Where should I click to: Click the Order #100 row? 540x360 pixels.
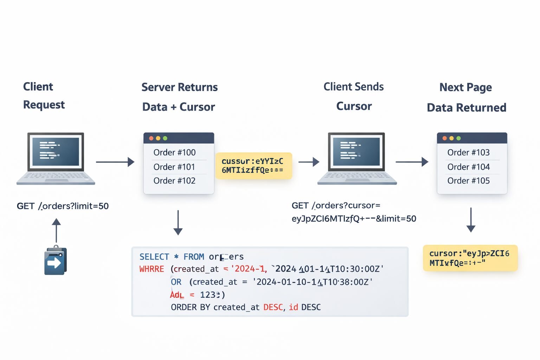click(175, 153)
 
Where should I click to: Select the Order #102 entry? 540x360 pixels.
click(174, 181)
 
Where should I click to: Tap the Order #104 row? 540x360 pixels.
click(468, 167)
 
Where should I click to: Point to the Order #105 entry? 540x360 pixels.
click(468, 181)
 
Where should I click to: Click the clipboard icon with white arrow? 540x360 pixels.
click(55, 261)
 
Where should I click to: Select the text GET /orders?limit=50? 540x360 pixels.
click(63, 206)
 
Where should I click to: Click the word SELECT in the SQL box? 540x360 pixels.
click(154, 257)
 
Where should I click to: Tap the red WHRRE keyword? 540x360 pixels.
click(152, 269)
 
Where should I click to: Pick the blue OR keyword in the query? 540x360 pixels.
click(176, 282)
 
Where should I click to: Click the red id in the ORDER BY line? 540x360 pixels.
click(293, 307)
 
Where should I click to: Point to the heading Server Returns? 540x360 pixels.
click(179, 87)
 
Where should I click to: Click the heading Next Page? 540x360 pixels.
click(465, 87)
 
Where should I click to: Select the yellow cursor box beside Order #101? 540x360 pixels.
click(253, 166)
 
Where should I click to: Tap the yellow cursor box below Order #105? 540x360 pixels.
click(470, 258)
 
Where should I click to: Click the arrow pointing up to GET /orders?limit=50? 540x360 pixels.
click(56, 230)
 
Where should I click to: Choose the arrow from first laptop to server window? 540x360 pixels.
click(115, 162)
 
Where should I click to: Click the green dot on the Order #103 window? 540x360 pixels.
click(458, 138)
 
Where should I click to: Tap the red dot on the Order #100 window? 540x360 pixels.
click(151, 138)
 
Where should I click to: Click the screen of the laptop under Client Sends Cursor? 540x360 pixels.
click(356, 152)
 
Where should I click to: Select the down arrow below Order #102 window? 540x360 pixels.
click(178, 223)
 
